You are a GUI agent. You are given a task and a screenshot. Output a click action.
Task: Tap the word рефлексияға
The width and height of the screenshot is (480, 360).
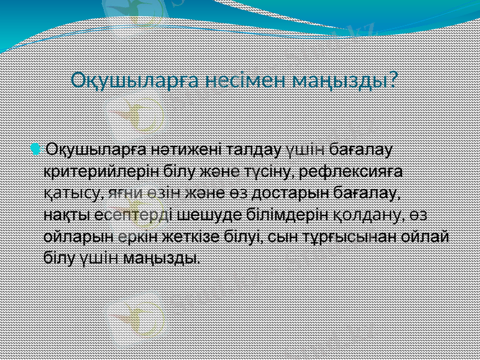pos(353,172)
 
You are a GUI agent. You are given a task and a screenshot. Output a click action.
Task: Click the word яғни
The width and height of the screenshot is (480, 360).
pos(125,193)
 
